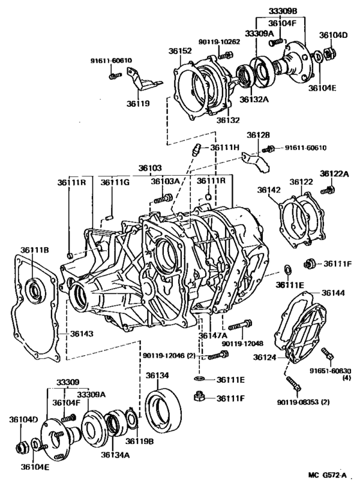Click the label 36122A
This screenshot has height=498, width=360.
[335, 174]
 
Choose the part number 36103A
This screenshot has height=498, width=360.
[165, 181]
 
